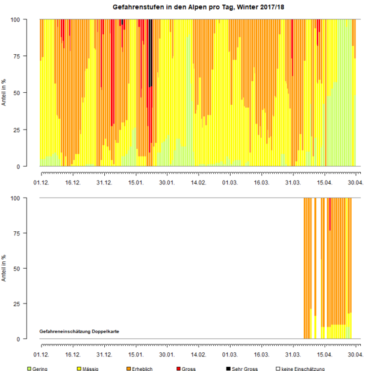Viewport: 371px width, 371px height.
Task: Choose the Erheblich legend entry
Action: click(140, 368)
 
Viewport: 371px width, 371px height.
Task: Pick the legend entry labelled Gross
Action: click(188, 368)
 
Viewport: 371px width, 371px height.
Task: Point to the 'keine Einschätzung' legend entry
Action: click(299, 368)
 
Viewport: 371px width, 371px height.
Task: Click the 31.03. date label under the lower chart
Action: click(293, 355)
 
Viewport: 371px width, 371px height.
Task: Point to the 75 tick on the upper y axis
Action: click(17, 56)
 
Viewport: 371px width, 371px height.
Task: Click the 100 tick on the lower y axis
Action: click(15, 198)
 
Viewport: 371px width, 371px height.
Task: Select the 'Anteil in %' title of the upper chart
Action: click(5, 93)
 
